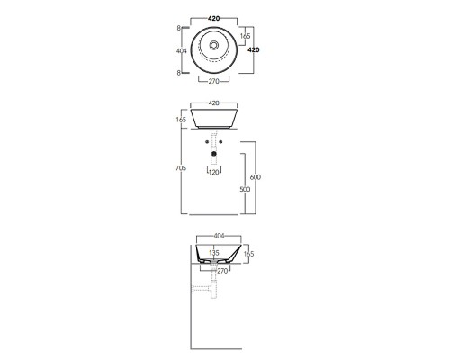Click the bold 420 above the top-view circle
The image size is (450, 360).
coord(214,19)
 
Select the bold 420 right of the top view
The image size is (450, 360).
coord(254,50)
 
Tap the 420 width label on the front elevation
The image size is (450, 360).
coord(214,103)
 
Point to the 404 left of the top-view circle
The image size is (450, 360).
coord(182,51)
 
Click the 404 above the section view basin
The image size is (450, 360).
coord(219,236)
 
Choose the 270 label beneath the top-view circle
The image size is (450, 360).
coord(214,81)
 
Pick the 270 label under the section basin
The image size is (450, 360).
coord(222,271)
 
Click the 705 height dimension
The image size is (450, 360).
coord(181,168)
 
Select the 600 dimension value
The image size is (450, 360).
coord(256,177)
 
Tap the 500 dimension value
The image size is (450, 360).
coord(245,189)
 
